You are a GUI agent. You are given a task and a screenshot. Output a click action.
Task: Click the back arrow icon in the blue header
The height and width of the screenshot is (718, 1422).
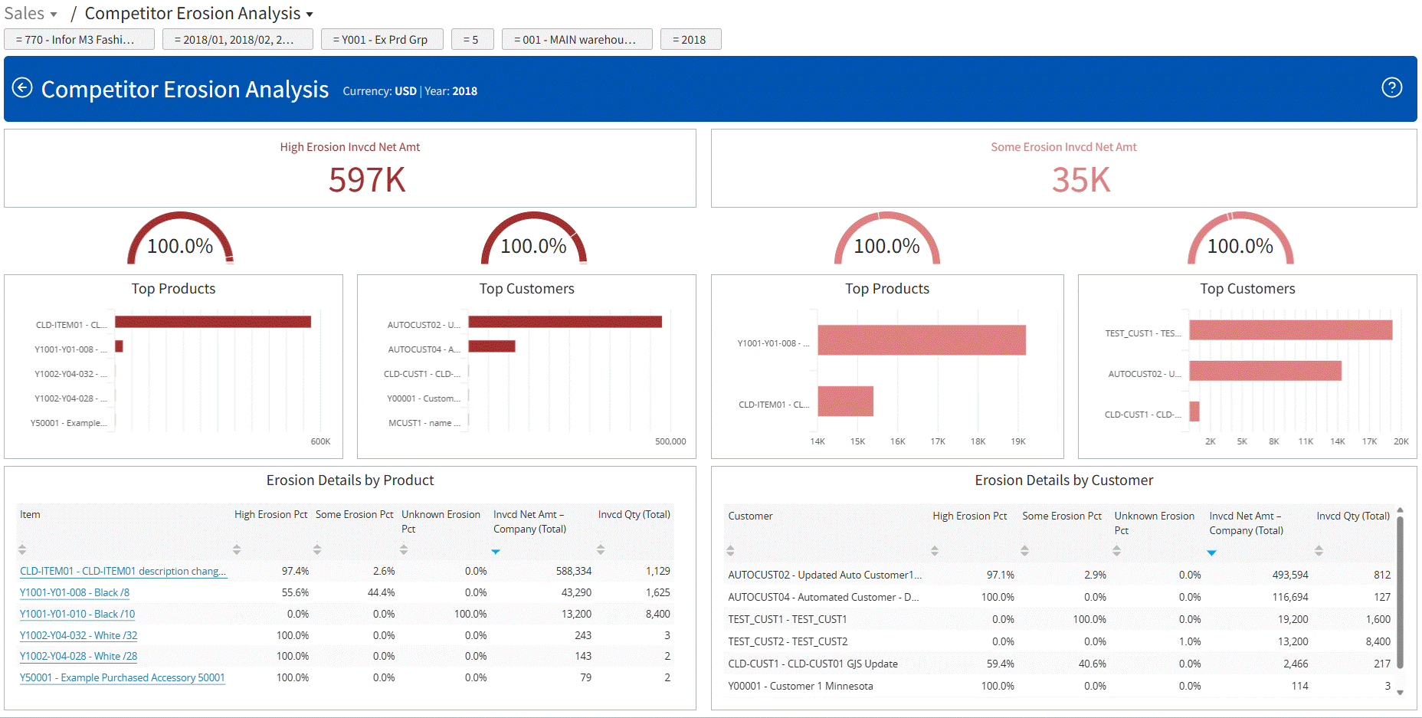click(22, 88)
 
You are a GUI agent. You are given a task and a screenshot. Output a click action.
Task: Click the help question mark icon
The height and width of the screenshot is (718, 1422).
click(1391, 88)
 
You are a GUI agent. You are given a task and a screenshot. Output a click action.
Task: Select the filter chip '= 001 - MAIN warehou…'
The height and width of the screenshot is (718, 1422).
click(576, 40)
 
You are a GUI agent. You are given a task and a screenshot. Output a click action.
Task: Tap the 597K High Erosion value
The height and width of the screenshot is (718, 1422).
click(366, 180)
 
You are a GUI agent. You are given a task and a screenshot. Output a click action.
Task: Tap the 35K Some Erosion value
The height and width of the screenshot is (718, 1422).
click(1080, 180)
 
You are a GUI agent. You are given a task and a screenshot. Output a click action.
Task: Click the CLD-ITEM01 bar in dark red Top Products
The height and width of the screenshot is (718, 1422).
click(213, 322)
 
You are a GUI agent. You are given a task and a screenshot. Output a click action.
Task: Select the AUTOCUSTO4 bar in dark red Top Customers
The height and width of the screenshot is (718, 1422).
click(492, 346)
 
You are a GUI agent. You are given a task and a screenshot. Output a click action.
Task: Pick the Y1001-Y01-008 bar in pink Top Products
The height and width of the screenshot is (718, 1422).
click(921, 340)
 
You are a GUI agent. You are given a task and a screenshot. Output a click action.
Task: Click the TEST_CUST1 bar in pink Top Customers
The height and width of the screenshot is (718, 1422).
click(1290, 330)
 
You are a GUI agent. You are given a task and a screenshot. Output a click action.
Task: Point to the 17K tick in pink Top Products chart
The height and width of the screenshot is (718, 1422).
click(937, 441)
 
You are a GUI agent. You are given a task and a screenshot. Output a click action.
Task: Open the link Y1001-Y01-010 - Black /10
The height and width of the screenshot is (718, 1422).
click(77, 614)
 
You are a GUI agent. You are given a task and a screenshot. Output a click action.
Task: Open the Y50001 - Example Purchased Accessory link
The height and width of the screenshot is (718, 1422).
click(123, 677)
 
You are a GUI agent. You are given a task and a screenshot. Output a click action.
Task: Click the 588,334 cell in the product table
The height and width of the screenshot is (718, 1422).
click(573, 571)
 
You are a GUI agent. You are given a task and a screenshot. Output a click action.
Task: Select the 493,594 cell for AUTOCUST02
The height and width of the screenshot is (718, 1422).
click(1290, 575)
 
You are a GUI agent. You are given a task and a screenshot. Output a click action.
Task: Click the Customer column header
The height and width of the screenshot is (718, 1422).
click(750, 516)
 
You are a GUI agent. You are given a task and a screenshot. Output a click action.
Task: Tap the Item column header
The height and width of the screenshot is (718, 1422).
click(30, 514)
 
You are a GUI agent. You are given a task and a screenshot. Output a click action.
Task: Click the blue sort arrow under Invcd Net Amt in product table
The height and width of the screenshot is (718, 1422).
click(496, 551)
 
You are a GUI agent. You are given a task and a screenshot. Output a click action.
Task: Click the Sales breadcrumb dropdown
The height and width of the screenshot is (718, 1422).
click(31, 14)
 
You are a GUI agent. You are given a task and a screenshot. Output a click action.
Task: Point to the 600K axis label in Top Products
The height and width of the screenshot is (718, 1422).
click(320, 441)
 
